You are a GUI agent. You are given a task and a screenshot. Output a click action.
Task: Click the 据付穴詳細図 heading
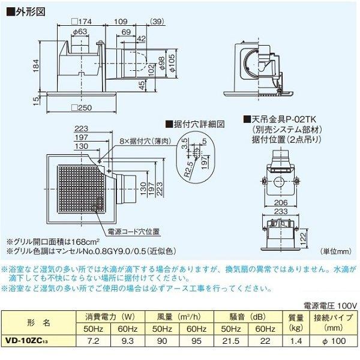196,124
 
